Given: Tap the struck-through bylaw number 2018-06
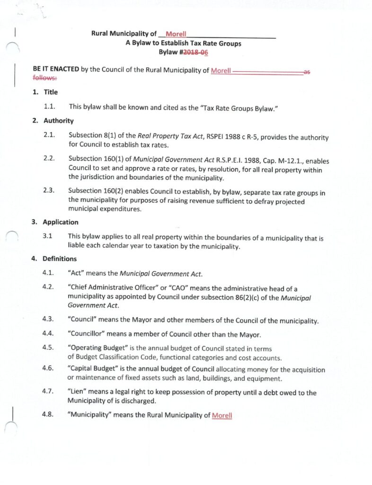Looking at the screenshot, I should [198, 53].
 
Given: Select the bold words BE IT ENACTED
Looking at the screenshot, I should [56, 69].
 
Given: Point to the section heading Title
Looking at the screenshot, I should [51, 92].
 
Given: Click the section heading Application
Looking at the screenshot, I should [61, 222].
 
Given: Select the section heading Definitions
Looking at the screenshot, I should [60, 259].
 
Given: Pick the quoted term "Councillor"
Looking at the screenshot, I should [89, 334].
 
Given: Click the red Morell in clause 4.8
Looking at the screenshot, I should [222, 415].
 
